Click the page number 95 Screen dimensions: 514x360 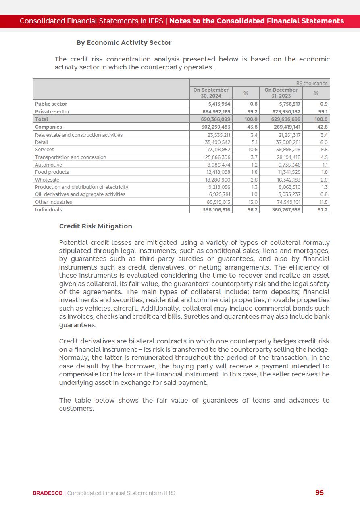coord(319,493)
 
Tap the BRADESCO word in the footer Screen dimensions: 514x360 coord(48,493)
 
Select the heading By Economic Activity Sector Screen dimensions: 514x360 coord(124,42)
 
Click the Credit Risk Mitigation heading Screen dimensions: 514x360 coord(96,226)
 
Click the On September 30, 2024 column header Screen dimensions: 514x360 coord(211,93)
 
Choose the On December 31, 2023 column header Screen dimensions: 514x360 coord(281,93)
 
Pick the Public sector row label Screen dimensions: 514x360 coord(51,104)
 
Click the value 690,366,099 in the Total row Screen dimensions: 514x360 coord(216,119)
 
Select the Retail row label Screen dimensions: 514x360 coord(42,142)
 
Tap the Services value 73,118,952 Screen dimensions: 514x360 coord(218,150)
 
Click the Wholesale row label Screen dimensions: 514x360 coord(47,180)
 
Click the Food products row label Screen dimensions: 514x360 coord(52,172)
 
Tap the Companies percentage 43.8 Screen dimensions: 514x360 coord(253,127)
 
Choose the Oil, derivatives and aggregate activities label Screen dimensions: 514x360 coord(80,194)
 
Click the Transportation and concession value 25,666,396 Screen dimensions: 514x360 coord(218,157)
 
